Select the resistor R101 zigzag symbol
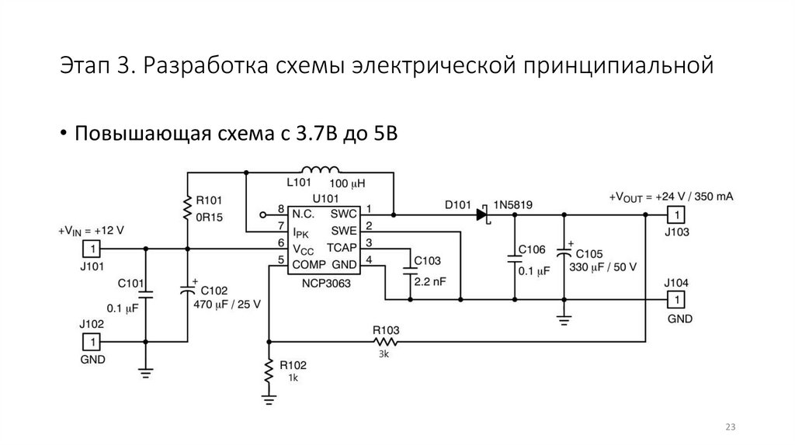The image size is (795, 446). tap(187, 207)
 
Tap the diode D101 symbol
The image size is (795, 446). tap(482, 214)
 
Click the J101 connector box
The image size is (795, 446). tap(92, 249)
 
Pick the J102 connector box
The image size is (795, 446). tap(92, 341)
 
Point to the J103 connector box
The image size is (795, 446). tap(677, 214)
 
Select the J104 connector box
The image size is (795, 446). tap(677, 299)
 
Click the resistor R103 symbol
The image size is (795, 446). tap(386, 341)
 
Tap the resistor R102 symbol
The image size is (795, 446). tap(269, 371)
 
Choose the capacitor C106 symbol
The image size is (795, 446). tap(513, 258)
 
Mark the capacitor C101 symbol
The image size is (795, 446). tap(145, 294)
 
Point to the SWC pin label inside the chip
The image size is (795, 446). tap(342, 213)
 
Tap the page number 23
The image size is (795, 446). tap(730, 427)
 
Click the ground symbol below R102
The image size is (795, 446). tap(269, 400)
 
